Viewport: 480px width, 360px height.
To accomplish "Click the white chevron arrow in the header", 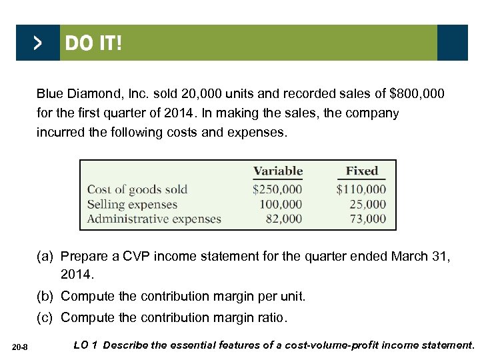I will pyautogui.click(x=37, y=43).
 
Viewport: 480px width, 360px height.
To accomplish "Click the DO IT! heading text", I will pyautogui.click(x=93, y=44).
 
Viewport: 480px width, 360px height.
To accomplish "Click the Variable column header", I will pyautogui.click(x=278, y=171).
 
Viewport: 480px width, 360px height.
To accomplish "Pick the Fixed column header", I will pyautogui.click(x=361, y=171).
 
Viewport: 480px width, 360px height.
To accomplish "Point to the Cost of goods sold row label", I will pyautogui.click(x=137, y=190).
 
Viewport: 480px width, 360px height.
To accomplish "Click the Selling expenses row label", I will pyautogui.click(x=132, y=205).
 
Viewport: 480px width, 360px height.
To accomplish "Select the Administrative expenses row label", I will pyautogui.click(x=154, y=219).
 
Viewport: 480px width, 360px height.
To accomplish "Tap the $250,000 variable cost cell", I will pyautogui.click(x=277, y=190).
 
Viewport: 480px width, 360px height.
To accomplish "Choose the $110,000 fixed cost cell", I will pyautogui.click(x=361, y=190).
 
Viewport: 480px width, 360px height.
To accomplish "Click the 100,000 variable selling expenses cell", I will pyautogui.click(x=281, y=205).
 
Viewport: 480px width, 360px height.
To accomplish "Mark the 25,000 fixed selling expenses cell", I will pyautogui.click(x=367, y=205).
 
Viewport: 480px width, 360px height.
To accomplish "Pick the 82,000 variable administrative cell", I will pyautogui.click(x=283, y=219).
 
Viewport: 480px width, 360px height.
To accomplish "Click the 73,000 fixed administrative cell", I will pyautogui.click(x=367, y=219).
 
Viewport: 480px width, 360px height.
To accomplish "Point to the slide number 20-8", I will pyautogui.click(x=20, y=345).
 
